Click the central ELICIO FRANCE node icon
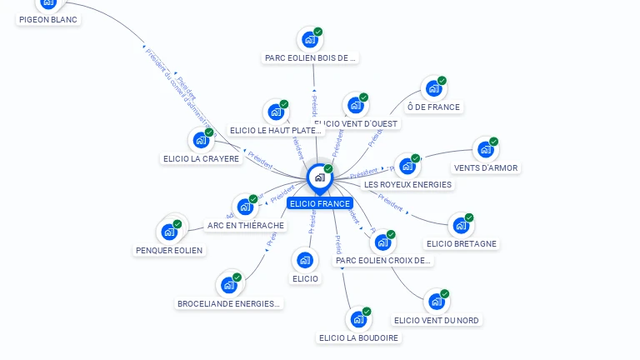(x=319, y=177)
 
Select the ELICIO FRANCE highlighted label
(x=320, y=203)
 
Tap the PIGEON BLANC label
(x=47, y=19)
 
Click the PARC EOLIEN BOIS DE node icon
(x=309, y=39)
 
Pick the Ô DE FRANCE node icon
(x=432, y=88)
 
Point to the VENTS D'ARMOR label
(x=486, y=167)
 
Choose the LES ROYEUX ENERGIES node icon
(x=407, y=166)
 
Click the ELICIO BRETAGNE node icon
(x=460, y=225)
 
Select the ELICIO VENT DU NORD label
(x=437, y=320)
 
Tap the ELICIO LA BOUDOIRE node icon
(x=358, y=319)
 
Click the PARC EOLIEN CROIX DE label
(x=383, y=260)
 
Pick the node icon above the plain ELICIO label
(x=305, y=260)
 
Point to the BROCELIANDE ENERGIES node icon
(x=228, y=285)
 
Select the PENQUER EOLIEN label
(x=169, y=250)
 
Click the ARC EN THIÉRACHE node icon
(x=245, y=207)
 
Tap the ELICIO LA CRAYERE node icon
(x=200, y=140)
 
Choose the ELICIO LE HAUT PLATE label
(x=276, y=130)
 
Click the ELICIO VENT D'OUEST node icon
(x=356, y=105)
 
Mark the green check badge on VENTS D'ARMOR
(x=493, y=142)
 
